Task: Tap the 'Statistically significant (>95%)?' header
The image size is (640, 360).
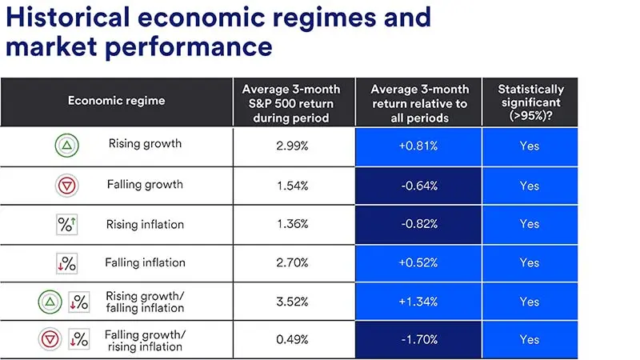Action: (530, 101)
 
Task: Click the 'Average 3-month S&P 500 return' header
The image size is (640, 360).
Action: (294, 101)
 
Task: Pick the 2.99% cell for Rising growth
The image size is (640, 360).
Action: (294, 146)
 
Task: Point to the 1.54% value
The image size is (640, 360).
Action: (294, 185)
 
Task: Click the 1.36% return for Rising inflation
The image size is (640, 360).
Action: (294, 224)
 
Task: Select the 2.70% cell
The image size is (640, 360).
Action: (294, 262)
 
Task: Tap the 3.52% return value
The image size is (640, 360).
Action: (294, 302)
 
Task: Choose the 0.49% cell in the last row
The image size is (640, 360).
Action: (294, 339)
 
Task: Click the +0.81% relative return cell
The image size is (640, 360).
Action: (418, 146)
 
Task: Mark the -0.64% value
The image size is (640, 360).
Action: (418, 185)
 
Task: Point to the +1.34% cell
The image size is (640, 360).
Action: (418, 302)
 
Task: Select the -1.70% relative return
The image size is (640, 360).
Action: (418, 339)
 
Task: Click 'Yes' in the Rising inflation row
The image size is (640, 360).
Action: (530, 224)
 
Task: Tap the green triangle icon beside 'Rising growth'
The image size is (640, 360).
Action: (66, 146)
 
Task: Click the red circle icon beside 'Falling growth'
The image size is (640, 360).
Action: (66, 186)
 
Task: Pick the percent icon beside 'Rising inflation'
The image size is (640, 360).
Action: (66, 225)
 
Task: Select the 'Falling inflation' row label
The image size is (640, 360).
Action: (145, 262)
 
